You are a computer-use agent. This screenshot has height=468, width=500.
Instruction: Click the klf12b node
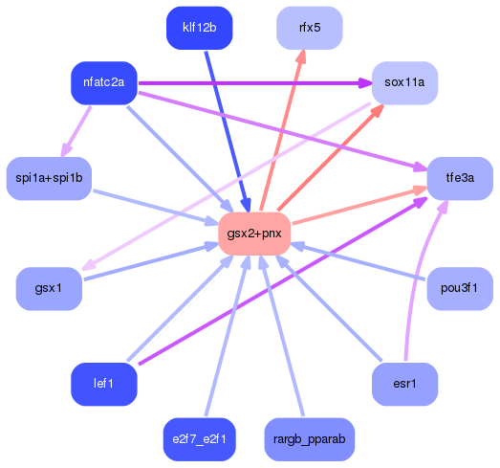click(x=200, y=28)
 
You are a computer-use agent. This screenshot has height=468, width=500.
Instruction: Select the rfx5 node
click(x=310, y=28)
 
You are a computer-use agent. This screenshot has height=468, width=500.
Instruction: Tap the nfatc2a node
click(x=104, y=82)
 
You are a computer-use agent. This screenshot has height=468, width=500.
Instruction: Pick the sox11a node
click(x=404, y=82)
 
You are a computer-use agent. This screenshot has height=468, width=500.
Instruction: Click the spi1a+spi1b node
click(x=49, y=178)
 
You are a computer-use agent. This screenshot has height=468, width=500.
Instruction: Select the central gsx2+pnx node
click(x=254, y=234)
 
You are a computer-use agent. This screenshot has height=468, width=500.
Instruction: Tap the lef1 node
click(x=104, y=384)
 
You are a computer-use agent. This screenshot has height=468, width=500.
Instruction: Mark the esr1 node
click(x=404, y=384)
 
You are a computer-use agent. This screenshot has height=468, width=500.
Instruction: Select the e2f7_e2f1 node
click(x=200, y=439)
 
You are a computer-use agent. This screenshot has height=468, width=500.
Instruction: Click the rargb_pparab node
click(x=310, y=439)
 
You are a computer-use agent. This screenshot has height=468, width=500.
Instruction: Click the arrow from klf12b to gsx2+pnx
click(x=226, y=124)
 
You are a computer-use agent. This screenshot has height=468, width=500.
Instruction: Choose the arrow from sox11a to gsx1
click(x=229, y=182)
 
